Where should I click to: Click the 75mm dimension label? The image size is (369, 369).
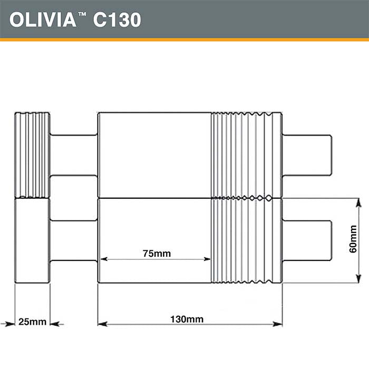click(157, 254)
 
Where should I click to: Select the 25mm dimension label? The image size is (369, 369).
click(32, 322)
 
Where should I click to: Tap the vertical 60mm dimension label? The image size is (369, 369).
click(353, 240)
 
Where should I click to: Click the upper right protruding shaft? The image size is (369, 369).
click(307, 155)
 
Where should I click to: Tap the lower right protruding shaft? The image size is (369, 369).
click(307, 240)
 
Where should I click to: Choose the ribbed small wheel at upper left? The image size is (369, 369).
click(32, 155)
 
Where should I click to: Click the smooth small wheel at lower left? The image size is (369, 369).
click(32, 240)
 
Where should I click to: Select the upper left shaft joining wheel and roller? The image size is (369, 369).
click(74, 155)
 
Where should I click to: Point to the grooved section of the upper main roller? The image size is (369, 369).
click(246, 155)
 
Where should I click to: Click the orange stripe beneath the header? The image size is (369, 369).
click(184, 39)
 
